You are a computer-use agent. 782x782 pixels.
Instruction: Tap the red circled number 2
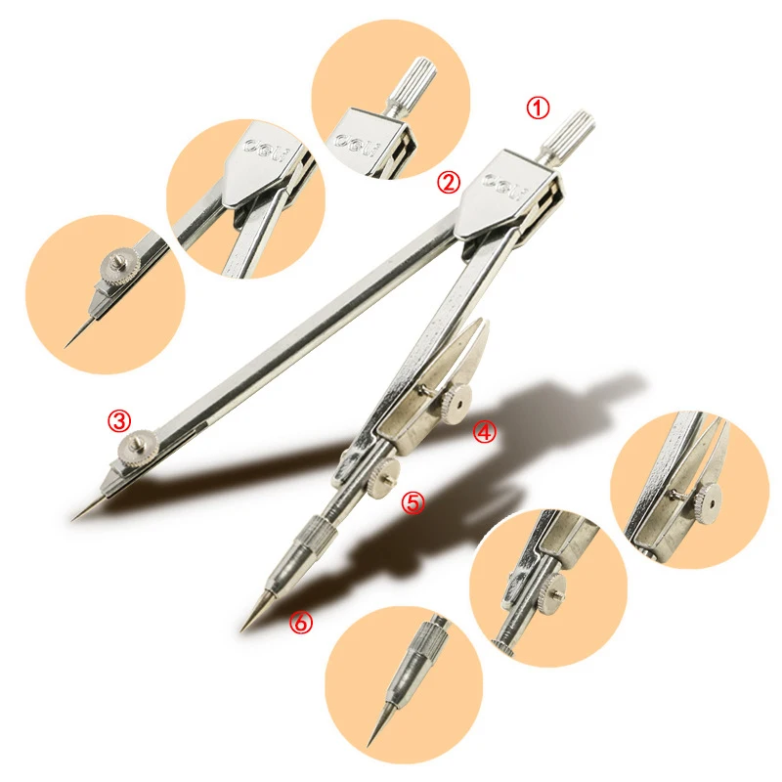point(449,182)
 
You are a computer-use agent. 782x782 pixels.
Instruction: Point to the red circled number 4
point(486,432)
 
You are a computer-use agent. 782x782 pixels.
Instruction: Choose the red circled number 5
point(413,503)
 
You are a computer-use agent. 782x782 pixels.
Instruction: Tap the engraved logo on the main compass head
point(505,183)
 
